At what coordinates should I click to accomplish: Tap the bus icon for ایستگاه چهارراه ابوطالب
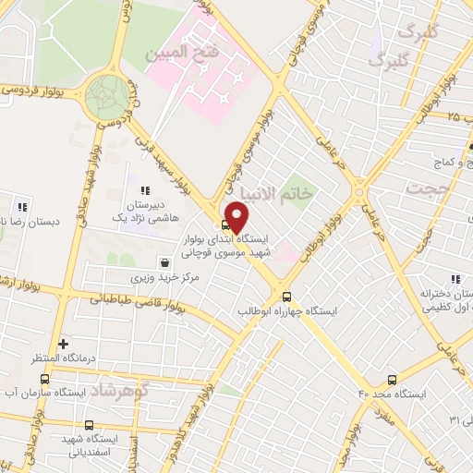click(286, 297)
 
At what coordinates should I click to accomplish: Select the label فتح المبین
click(184, 53)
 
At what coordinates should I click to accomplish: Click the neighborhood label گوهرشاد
click(121, 392)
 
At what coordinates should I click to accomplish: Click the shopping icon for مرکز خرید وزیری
click(164, 262)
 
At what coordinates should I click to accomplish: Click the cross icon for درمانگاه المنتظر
click(62, 343)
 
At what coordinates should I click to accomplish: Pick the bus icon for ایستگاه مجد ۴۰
click(392, 379)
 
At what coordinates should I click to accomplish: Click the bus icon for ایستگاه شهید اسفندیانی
click(89, 425)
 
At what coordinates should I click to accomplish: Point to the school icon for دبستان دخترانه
click(454, 278)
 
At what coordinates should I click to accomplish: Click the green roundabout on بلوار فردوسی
click(107, 94)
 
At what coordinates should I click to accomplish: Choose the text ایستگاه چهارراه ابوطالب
click(285, 311)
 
